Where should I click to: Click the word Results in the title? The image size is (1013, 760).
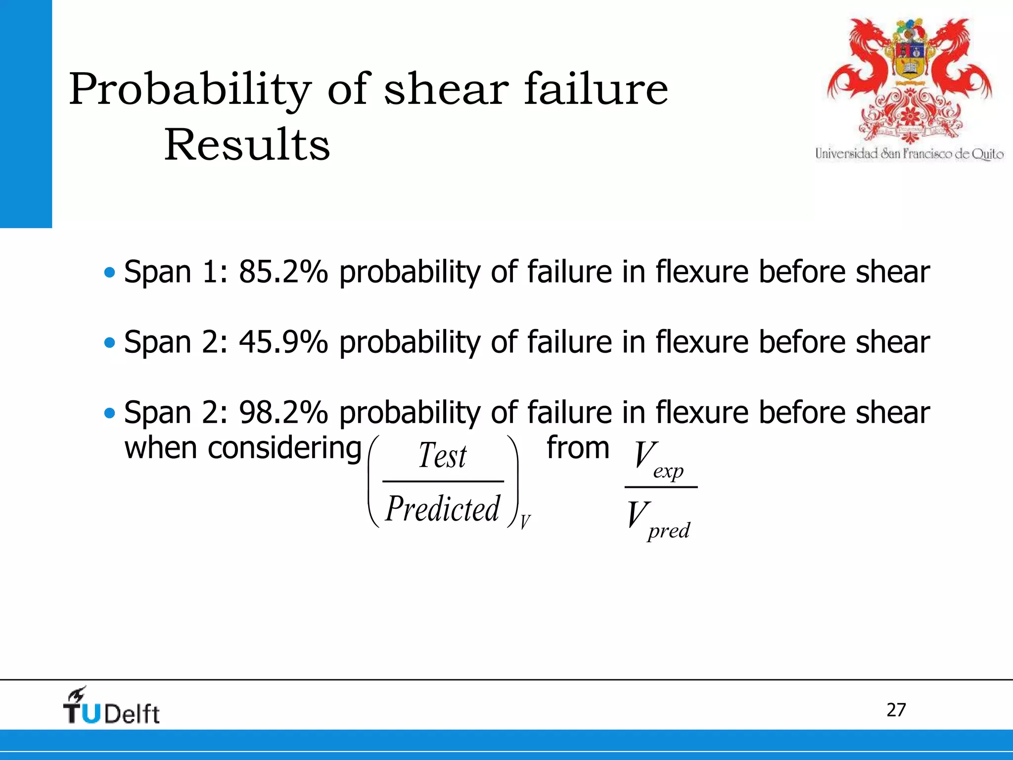click(247, 144)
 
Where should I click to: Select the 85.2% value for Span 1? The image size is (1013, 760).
click(283, 272)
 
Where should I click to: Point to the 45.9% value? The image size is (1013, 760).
click(283, 342)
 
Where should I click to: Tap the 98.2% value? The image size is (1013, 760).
click(283, 413)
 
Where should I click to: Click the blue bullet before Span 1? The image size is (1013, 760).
click(110, 272)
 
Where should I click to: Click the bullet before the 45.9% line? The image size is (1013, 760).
click(110, 342)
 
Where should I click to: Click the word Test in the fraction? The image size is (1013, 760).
click(442, 456)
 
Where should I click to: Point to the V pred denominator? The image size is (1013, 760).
click(658, 520)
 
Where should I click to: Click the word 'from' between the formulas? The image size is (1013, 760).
click(578, 448)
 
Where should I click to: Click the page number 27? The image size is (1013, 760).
click(896, 710)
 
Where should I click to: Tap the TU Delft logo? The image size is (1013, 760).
click(111, 707)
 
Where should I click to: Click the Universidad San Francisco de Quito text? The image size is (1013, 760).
click(909, 154)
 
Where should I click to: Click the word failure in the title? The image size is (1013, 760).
click(596, 90)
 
